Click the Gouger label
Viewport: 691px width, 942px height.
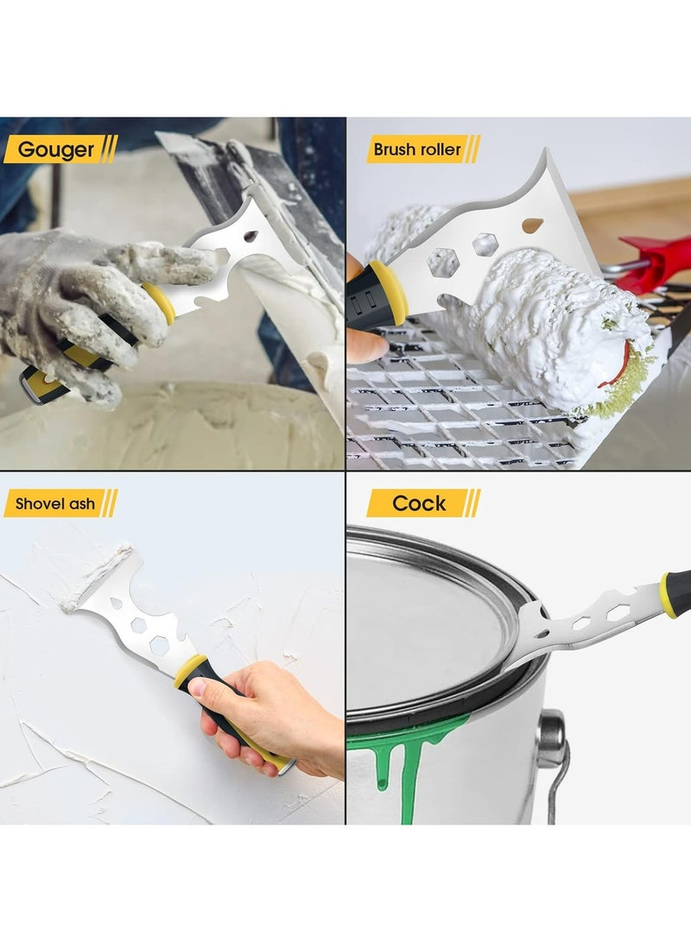(x=57, y=149)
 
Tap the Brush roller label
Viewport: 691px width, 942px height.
(x=417, y=149)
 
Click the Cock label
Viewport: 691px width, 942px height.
(x=419, y=503)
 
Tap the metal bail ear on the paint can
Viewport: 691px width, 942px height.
(x=550, y=739)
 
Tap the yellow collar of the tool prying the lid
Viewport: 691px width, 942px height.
(x=667, y=595)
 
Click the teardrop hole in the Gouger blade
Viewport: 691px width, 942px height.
(x=251, y=236)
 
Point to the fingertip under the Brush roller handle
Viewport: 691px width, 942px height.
(x=363, y=345)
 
